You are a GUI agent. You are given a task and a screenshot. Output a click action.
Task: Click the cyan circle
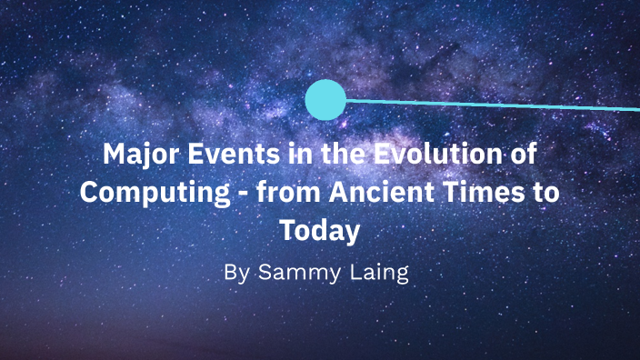pos(325,100)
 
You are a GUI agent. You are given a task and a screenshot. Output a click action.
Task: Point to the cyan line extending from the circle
pos(491,105)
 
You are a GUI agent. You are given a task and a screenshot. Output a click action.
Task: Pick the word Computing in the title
pos(150,193)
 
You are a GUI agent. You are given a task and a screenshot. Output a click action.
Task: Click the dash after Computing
pos(242,194)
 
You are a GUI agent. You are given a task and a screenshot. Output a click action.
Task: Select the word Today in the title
pos(320,232)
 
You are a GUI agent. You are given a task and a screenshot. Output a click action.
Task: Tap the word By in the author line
pos(235,273)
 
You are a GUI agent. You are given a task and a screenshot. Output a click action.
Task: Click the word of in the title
pos(522,154)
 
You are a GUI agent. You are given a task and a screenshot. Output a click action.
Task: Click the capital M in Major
pos(114,154)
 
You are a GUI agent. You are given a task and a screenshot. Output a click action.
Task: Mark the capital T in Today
pos(288,232)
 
